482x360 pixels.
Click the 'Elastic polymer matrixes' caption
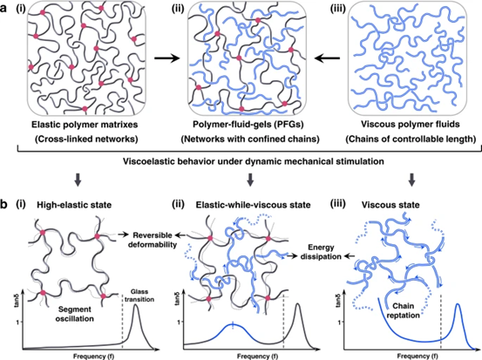pos(85,125)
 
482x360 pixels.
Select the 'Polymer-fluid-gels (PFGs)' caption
pos(248,125)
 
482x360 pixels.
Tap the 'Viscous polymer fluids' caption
pos(411,125)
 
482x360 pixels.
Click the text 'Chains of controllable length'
pos(411,139)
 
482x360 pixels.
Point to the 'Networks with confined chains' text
pos(250,139)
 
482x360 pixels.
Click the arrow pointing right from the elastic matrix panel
pos(166,58)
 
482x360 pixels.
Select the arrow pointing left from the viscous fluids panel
pos(328,58)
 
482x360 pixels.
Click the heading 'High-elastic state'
pos(74,205)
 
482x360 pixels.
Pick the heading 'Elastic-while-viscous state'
pos(253,205)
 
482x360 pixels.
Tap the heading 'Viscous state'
pos(390,205)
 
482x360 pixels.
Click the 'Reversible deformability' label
pos(153,240)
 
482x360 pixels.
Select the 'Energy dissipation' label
pos(321,252)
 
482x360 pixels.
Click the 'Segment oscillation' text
pos(75,314)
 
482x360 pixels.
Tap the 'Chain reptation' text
pos(404,311)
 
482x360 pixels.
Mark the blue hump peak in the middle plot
pos(233,324)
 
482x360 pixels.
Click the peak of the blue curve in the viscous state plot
pos(458,304)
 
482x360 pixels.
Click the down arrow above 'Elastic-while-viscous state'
pos(250,180)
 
